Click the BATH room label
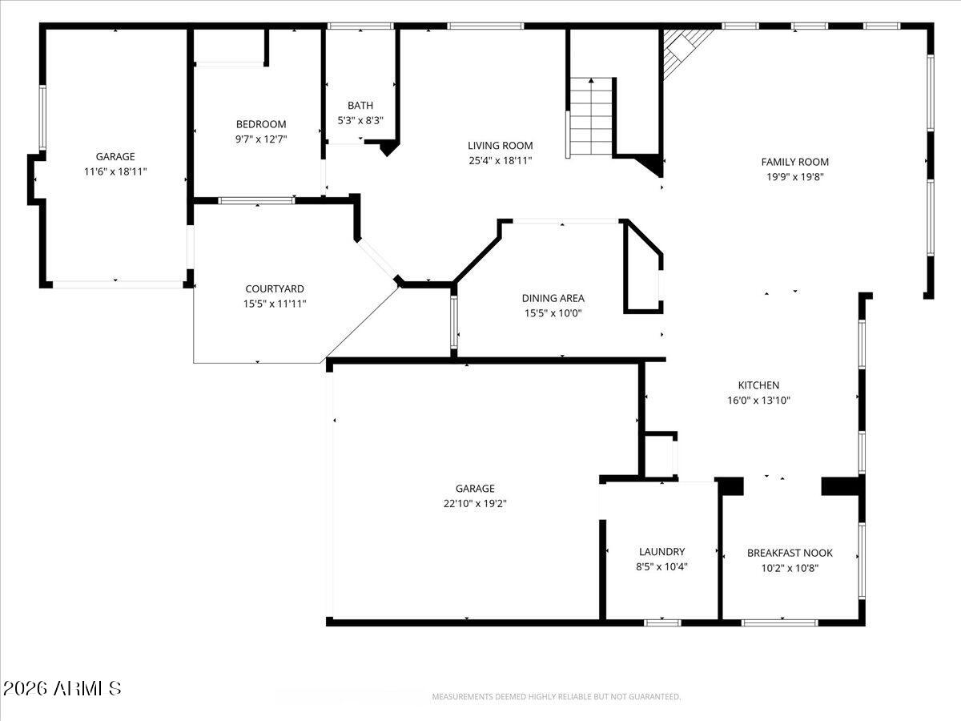pos(360,106)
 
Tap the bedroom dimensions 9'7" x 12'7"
pos(260,139)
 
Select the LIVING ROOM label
pos(500,146)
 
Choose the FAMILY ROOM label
pos(794,162)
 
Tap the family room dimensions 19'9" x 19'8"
pos(794,176)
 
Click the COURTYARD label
pos(274,288)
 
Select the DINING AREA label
pos(553,298)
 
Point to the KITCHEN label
pos(758,385)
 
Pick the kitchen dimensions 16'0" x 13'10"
pos(758,401)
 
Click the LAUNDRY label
pos(661,551)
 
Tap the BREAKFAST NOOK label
pos(790,553)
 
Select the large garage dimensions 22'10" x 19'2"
pos(475,503)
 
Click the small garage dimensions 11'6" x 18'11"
pos(115,171)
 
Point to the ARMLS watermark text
pos(62,688)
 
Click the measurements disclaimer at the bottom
pos(557,697)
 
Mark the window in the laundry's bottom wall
pos(662,622)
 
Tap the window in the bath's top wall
pos(360,26)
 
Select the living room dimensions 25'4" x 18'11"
pos(500,160)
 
